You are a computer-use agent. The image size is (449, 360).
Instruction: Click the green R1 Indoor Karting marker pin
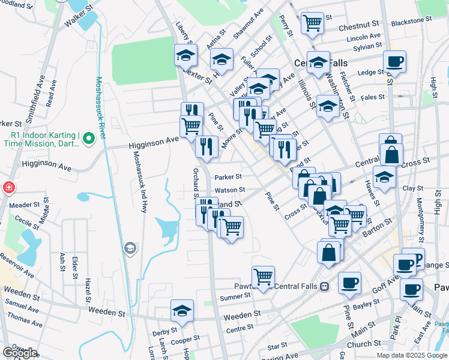tap(89, 139)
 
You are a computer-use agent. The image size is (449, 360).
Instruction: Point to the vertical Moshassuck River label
tap(101, 107)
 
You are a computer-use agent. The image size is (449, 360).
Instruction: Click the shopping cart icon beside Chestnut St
tap(312, 23)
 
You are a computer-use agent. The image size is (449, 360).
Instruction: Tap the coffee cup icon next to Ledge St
tap(394, 61)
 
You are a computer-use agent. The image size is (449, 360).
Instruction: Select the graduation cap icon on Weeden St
tap(182, 310)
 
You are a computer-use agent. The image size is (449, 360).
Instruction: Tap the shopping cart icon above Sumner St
tap(263, 277)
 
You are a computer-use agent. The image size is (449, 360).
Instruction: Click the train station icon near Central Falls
tap(324, 286)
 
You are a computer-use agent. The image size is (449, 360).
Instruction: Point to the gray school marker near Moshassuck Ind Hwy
tap(130, 248)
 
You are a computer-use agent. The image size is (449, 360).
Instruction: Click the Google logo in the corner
tap(20, 352)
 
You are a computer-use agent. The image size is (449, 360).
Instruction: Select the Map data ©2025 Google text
tap(411, 355)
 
